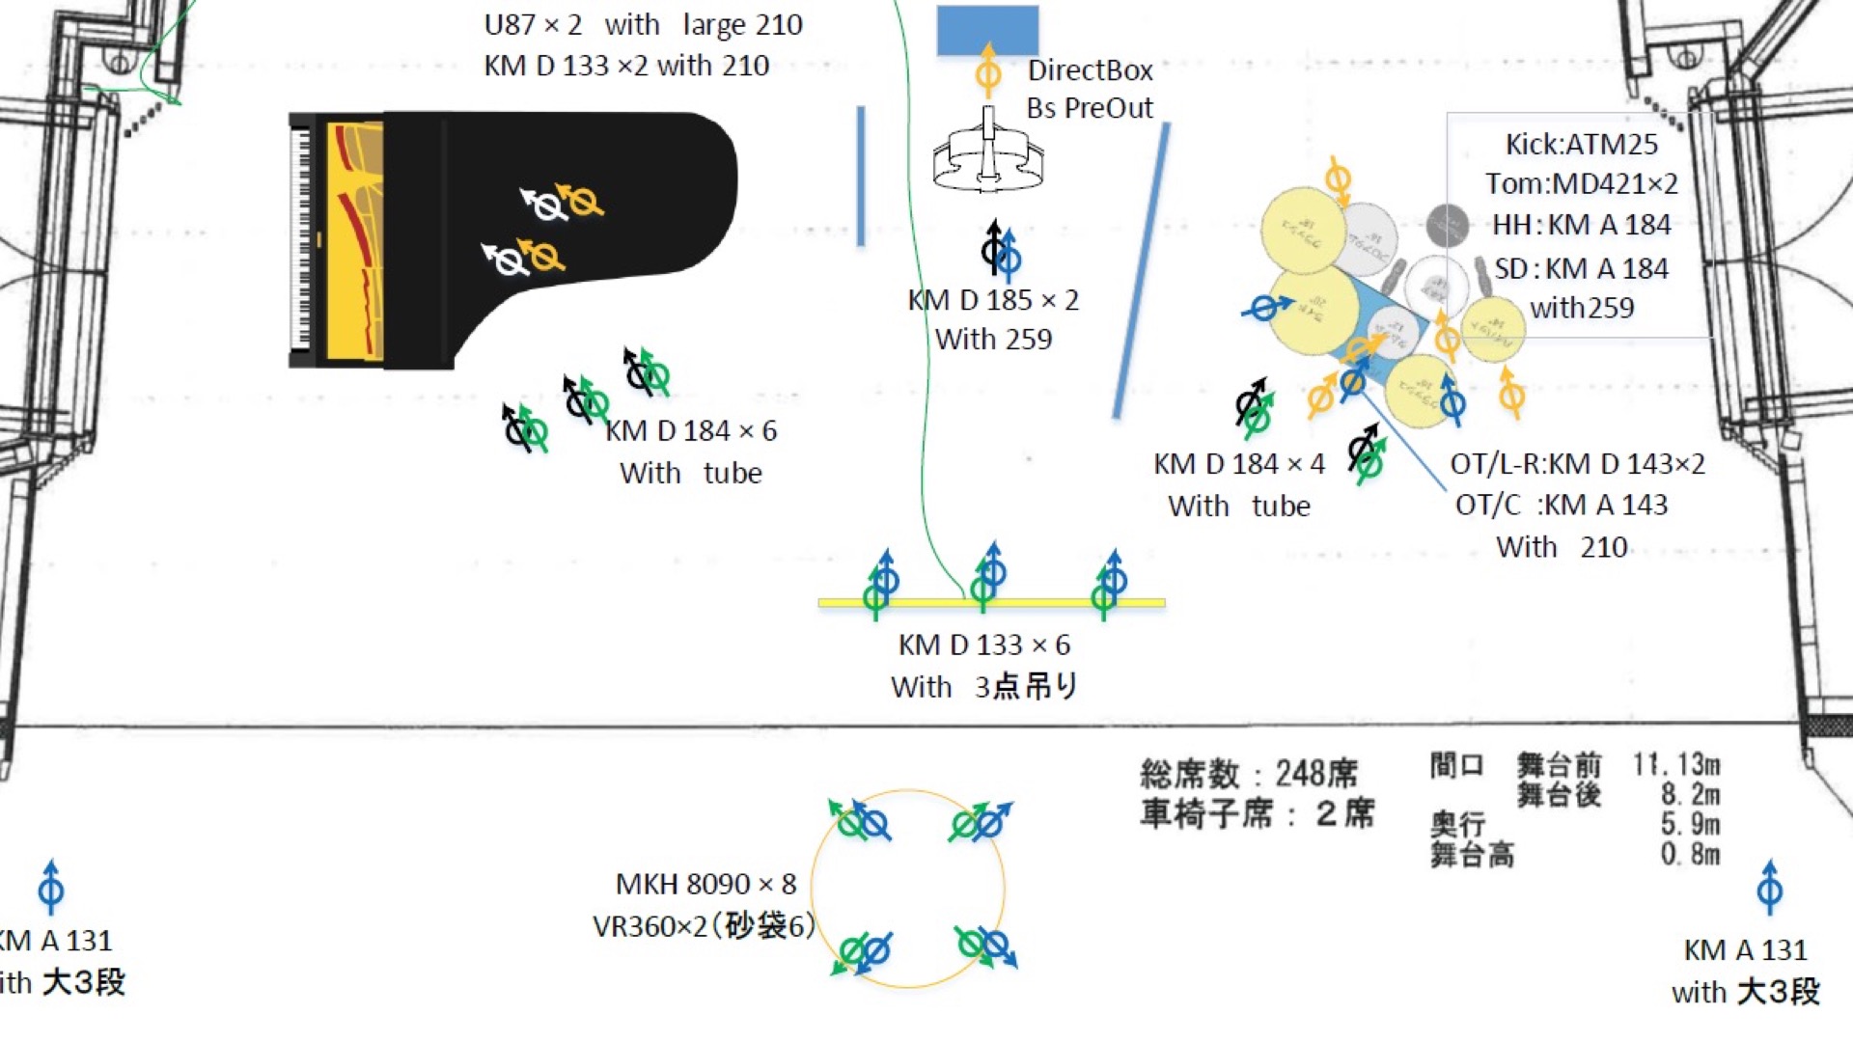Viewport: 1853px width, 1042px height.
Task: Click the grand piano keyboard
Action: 301,239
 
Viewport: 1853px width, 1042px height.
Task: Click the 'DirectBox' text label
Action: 1090,70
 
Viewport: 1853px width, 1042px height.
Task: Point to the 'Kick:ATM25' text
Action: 1581,145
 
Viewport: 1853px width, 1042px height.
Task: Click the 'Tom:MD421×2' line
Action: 1581,183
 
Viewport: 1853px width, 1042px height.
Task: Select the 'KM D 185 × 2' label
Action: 993,300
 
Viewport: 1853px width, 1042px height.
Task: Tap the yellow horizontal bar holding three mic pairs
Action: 991,603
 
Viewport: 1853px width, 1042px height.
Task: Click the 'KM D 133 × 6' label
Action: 983,644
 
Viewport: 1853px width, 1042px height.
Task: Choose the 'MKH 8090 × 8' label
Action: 705,884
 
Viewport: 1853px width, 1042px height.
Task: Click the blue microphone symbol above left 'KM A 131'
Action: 51,887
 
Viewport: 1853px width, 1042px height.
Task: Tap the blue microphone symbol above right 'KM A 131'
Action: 1769,887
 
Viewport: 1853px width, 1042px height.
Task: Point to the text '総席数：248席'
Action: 1248,774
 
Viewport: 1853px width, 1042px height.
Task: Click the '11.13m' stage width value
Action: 1675,765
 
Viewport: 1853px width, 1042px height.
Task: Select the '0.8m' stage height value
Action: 1690,854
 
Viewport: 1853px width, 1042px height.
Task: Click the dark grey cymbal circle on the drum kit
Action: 1447,226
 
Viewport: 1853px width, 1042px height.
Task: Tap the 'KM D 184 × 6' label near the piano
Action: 691,430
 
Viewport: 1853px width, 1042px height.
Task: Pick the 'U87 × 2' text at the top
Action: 533,25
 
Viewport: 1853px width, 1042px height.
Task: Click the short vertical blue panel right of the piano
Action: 861,176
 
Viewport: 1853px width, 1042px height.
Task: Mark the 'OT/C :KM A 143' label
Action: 1561,505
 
